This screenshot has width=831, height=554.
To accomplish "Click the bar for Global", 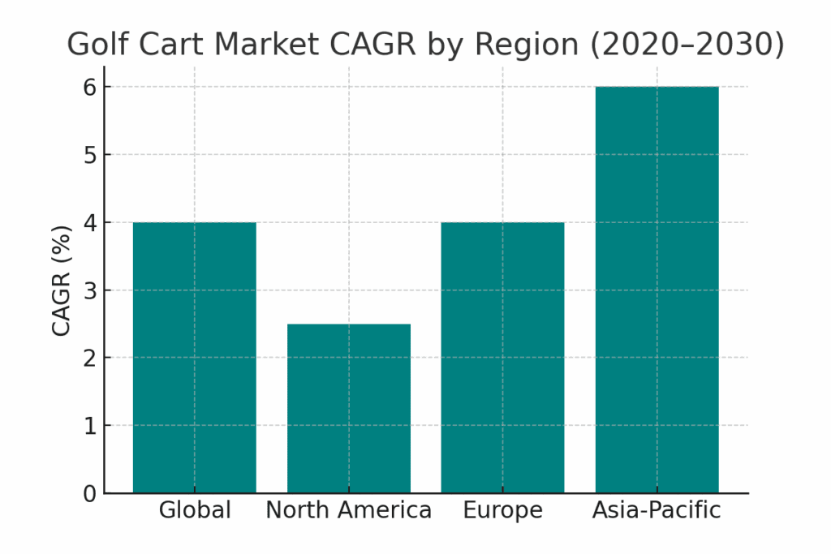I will click(195, 358).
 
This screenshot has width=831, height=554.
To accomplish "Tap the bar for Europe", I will click(502, 358).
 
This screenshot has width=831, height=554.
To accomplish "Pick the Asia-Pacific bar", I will click(657, 290).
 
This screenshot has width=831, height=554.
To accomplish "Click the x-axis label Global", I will click(195, 511).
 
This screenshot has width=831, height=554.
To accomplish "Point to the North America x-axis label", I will click(349, 511).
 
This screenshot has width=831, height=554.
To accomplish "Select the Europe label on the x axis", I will click(502, 511).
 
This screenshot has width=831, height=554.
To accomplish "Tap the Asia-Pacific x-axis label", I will click(657, 511).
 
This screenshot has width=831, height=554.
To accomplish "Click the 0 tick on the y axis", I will click(90, 494).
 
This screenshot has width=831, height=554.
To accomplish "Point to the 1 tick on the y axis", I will click(90, 426).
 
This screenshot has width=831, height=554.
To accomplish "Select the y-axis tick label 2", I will click(90, 358).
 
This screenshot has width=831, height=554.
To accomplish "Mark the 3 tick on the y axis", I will click(90, 290).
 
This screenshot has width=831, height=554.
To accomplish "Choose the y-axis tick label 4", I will click(90, 222).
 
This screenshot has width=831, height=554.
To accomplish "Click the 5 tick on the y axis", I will click(90, 154).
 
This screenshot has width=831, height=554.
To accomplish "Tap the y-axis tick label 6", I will click(90, 87).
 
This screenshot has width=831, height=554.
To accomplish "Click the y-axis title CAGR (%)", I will click(62, 280).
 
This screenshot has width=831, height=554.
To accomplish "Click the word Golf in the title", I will click(94, 45).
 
